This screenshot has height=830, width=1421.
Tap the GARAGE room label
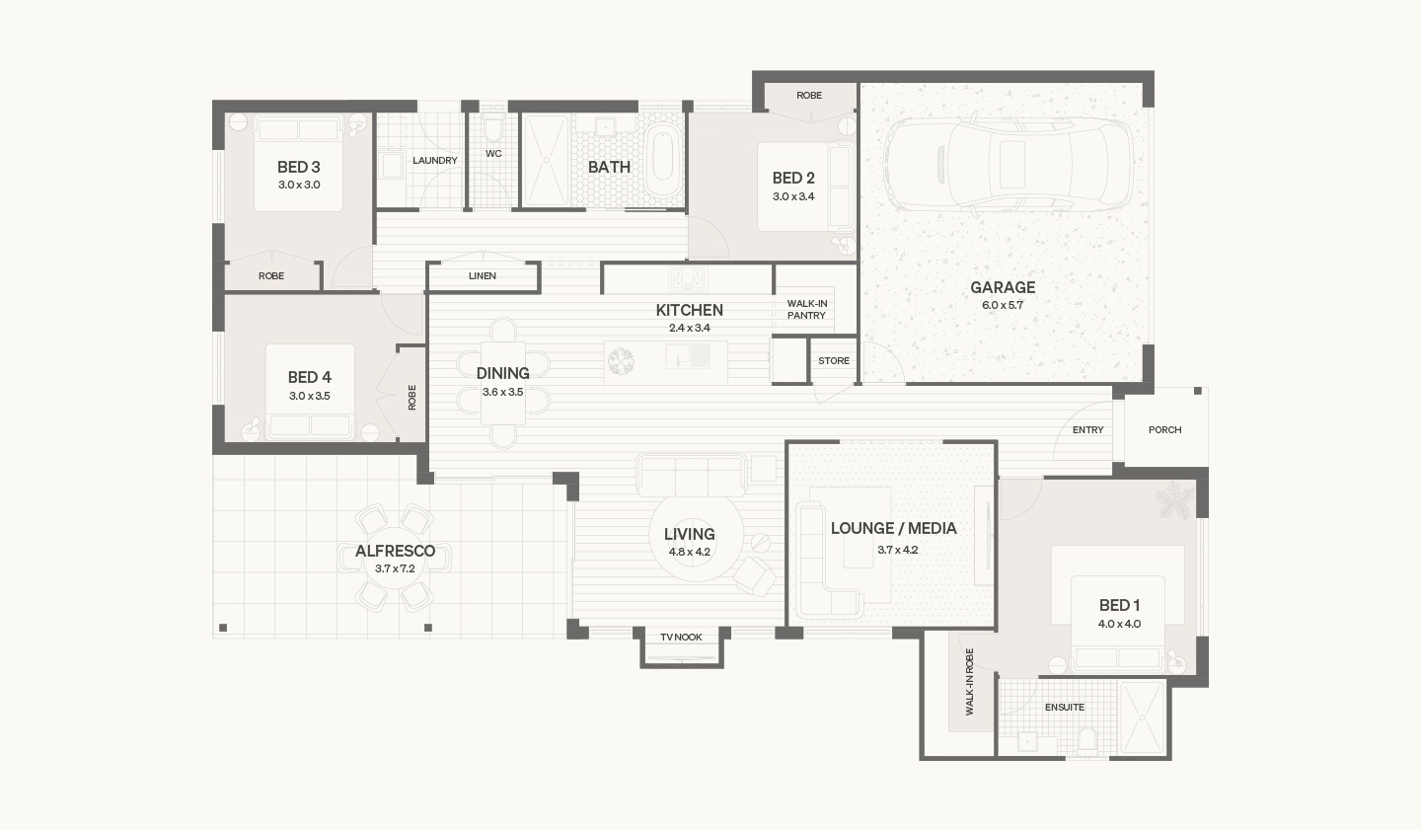point(1003,287)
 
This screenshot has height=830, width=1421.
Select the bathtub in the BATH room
point(663,161)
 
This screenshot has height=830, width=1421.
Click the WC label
point(493,154)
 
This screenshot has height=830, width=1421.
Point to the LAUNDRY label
point(435,161)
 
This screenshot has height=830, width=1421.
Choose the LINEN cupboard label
point(483,276)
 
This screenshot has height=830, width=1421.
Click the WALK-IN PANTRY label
point(807,310)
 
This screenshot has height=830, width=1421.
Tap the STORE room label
point(834,361)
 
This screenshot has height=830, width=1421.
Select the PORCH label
point(1165,429)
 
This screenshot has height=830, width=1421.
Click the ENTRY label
point(1087,429)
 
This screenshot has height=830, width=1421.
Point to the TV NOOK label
point(681,638)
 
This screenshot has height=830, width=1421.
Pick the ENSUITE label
point(1065,707)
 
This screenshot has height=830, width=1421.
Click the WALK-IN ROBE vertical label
point(969,682)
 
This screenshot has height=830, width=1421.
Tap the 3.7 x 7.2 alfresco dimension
point(395,568)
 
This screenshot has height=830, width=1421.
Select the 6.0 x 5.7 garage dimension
point(1003,305)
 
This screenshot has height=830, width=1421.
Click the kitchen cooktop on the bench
point(688,277)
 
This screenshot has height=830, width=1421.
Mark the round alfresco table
point(395,558)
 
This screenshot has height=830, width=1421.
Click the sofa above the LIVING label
point(692,476)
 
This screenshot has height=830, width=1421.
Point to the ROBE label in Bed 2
point(809,95)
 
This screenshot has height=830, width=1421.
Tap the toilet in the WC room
point(493,130)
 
